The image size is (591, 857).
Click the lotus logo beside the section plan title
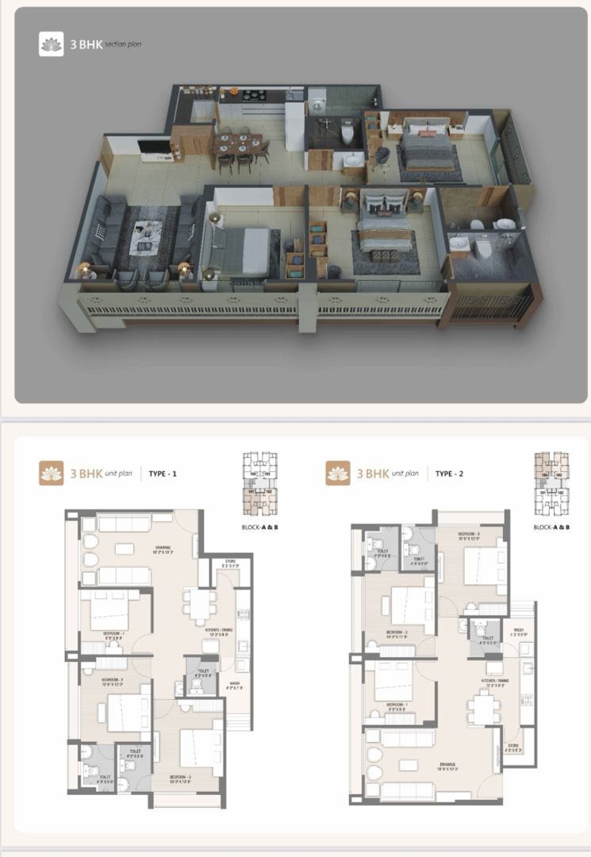(x=51, y=44)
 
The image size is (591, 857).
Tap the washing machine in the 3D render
(x=318, y=103)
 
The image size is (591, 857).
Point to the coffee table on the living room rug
(x=147, y=235)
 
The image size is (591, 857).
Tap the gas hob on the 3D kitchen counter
(x=253, y=96)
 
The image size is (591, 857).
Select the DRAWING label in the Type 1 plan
(x=163, y=548)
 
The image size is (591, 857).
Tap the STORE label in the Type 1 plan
(x=230, y=564)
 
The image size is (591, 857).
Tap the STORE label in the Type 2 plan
(x=512, y=745)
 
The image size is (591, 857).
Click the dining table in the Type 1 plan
(x=198, y=605)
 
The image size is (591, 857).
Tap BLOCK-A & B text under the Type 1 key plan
(x=259, y=527)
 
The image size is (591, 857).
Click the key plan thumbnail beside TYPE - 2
(x=551, y=484)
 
